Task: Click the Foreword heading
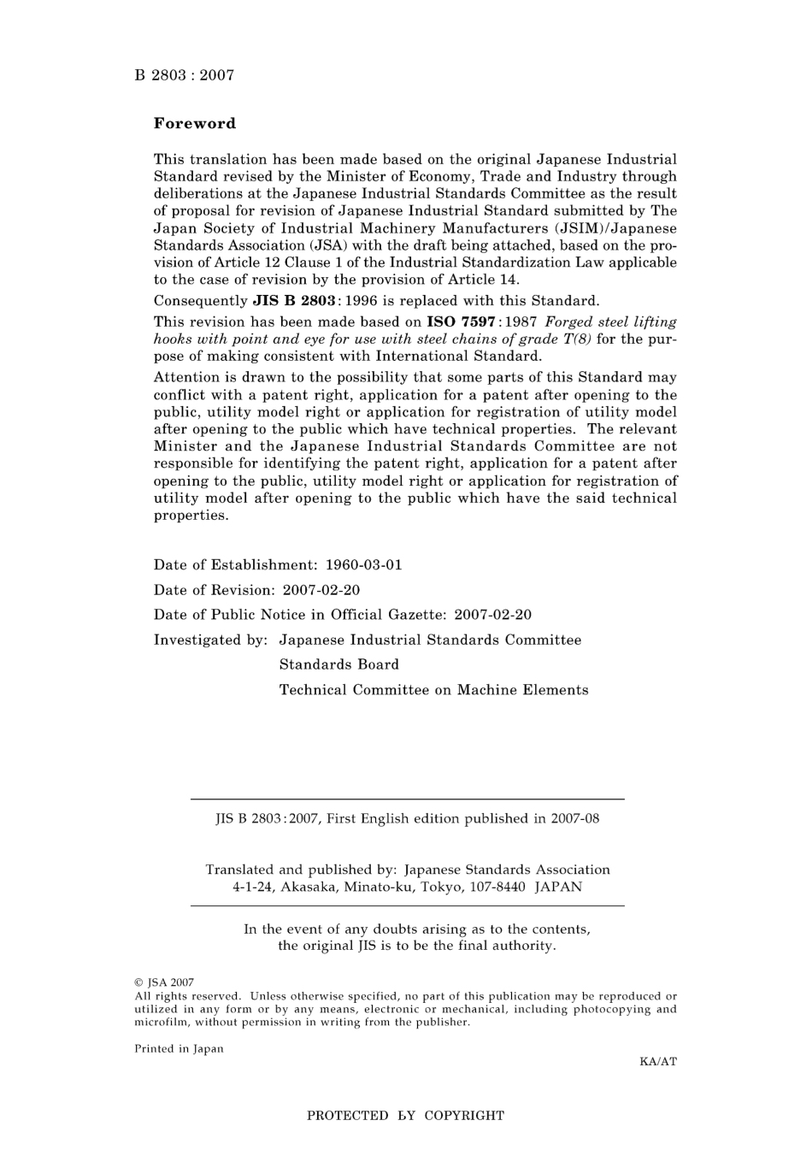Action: coord(194,123)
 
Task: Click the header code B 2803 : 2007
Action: coord(184,75)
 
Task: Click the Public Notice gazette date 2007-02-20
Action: coord(492,615)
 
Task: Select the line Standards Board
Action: coord(338,664)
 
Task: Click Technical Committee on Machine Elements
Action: coord(433,690)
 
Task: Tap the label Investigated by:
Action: coord(210,640)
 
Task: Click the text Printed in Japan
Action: coord(179,1049)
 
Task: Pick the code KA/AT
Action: coord(657,1062)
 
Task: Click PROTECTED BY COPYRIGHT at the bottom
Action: coord(405,1116)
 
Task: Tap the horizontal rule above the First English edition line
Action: coord(407,799)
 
